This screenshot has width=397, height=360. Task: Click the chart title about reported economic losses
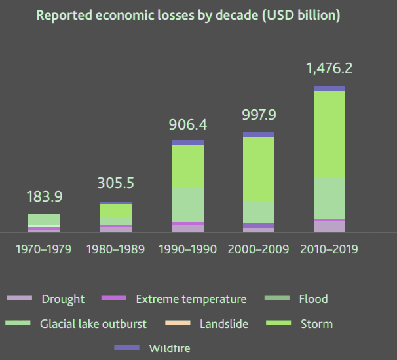[188, 15]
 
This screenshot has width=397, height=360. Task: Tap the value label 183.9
[44, 196]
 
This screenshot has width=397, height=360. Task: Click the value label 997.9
[259, 115]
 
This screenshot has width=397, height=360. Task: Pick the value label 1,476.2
[330, 68]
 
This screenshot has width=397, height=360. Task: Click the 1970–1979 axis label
[44, 250]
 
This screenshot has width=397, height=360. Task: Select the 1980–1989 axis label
[116, 250]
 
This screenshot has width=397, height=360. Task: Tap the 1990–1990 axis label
[188, 250]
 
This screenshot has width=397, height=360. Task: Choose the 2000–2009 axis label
[259, 250]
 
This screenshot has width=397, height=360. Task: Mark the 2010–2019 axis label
[330, 250]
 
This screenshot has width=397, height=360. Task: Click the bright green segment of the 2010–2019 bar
[330, 133]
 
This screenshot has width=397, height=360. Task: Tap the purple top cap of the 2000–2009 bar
[259, 134]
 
